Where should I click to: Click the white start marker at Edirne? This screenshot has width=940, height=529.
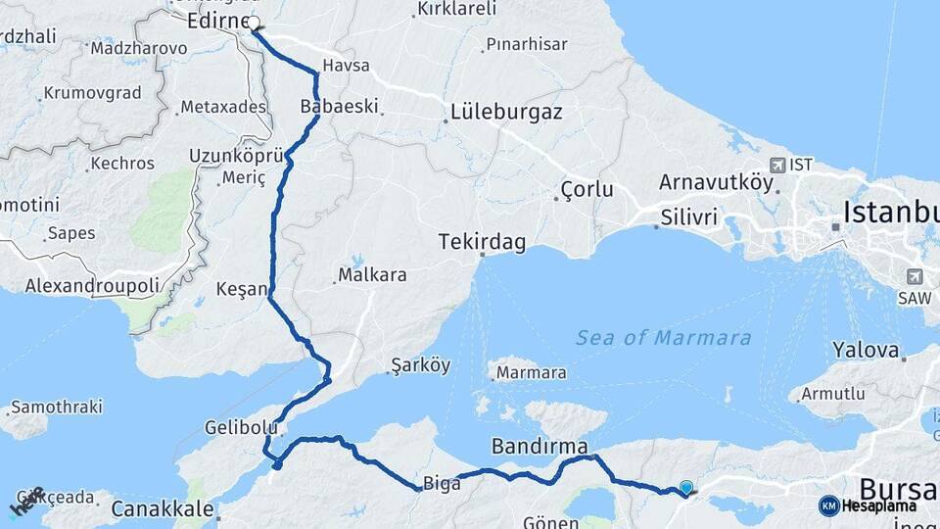click(254, 23)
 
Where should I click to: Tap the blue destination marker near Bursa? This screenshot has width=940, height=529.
click(686, 487)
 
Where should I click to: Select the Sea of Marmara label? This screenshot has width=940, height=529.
click(663, 338)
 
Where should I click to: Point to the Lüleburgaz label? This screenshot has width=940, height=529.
click(506, 112)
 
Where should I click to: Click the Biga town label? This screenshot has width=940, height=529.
click(435, 484)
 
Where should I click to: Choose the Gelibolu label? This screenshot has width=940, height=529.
click(236, 428)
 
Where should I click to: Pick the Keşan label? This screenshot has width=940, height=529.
click(242, 289)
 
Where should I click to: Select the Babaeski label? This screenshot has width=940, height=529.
click(339, 106)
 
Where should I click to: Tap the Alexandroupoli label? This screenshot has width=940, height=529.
click(92, 286)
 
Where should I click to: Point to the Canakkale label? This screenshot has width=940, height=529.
click(163, 508)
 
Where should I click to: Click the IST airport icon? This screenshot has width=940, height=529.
click(777, 165)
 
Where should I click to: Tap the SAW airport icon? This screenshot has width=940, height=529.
click(916, 276)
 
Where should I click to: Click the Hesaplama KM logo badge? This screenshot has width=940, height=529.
click(829, 505)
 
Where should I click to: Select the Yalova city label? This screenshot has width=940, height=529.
click(866, 350)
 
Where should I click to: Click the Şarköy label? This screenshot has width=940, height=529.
click(421, 365)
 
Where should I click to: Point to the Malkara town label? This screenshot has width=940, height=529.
click(372, 275)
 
